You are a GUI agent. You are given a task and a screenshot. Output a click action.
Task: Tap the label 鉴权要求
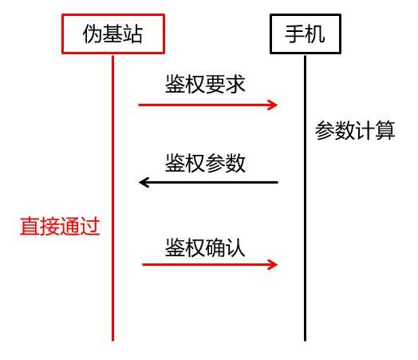point(205,84)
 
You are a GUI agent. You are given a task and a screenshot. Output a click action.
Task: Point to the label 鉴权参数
point(205,163)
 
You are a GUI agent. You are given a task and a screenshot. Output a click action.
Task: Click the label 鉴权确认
point(205,247)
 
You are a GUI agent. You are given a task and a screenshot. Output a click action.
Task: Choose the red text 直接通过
point(60,227)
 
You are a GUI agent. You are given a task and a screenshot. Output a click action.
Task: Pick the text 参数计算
point(355,130)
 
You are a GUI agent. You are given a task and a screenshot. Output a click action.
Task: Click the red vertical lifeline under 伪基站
point(112,198)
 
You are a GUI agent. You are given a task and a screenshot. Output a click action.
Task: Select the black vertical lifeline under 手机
point(305,198)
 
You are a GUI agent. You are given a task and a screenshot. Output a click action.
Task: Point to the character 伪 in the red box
point(93,34)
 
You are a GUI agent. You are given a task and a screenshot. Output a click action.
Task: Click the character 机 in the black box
point(315,34)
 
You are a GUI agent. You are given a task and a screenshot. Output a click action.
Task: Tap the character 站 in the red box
point(132,34)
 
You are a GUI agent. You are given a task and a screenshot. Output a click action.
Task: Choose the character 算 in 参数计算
point(385,130)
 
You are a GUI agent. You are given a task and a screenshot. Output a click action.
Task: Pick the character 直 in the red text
point(30,227)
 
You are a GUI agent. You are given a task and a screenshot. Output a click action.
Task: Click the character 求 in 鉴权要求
point(235,84)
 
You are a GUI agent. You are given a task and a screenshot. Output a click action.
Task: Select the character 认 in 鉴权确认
point(235,247)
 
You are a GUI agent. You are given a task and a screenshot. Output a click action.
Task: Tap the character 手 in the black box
point(295,34)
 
